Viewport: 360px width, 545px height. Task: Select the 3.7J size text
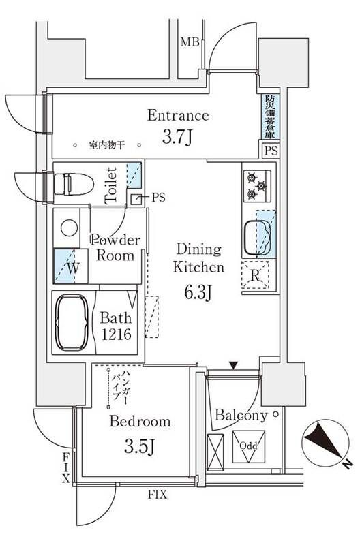tap(178, 138)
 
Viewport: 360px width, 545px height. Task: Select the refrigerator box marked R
tap(255, 277)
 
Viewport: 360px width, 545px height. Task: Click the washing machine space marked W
tap(72, 267)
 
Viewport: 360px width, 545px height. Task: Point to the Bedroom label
tap(140, 422)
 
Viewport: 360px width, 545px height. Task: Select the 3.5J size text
tap(141, 448)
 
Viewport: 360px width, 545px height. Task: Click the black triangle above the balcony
tap(235, 367)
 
